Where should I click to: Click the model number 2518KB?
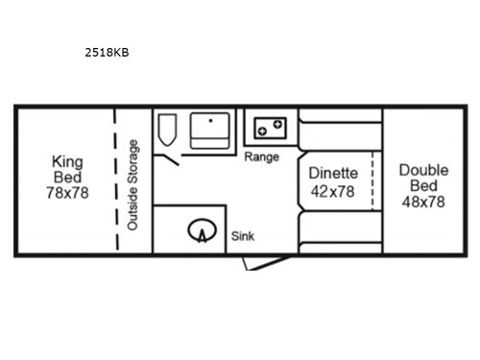[x=108, y=53]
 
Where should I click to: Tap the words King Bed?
[x=66, y=170]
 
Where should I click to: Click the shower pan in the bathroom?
[x=210, y=131]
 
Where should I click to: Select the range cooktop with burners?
[x=270, y=127]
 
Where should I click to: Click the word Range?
[x=261, y=156]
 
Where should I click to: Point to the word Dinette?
[x=333, y=173]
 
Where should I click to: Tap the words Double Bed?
[x=422, y=178]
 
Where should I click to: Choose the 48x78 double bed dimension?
[x=422, y=203]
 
